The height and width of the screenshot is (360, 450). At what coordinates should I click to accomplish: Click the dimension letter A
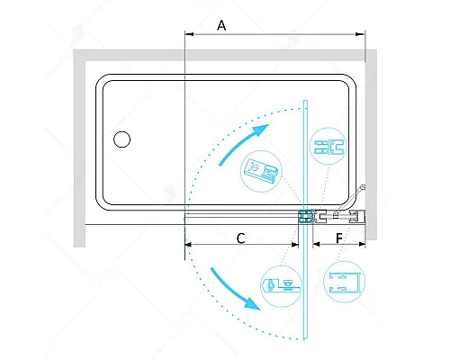point(221,25)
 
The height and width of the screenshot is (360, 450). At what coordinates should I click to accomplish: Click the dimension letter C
point(240,238)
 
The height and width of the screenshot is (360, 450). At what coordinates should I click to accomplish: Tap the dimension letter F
point(339,238)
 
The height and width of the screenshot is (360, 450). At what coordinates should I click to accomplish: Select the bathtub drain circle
point(121,139)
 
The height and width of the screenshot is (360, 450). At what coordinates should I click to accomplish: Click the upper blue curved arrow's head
point(261,130)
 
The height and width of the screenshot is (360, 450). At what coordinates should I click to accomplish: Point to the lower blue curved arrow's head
point(253,303)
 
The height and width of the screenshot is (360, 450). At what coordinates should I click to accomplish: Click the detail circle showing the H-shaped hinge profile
point(328,146)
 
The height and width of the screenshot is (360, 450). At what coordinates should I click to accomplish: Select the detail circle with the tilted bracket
point(261,171)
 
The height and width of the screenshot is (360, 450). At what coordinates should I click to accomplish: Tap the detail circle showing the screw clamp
point(282,286)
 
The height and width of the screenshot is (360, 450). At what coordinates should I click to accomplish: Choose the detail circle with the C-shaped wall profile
point(344,282)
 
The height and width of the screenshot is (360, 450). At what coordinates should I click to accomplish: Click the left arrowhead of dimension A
point(189,34)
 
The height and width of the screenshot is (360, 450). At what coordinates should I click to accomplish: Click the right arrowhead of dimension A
point(360,34)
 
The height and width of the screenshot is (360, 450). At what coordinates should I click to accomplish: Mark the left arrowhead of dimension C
point(188,245)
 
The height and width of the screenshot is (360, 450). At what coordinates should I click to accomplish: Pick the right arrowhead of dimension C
point(295,245)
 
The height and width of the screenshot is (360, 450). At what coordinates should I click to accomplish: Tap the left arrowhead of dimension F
point(317,245)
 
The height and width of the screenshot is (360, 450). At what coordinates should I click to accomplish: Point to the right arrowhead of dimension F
point(362,245)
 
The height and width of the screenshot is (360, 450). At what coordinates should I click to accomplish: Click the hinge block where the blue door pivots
point(305,216)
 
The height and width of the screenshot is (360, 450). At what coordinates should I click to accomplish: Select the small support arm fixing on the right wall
point(363,187)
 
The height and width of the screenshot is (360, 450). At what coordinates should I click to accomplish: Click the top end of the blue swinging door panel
point(305,101)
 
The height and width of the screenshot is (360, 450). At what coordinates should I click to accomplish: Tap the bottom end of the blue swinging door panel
point(305,338)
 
